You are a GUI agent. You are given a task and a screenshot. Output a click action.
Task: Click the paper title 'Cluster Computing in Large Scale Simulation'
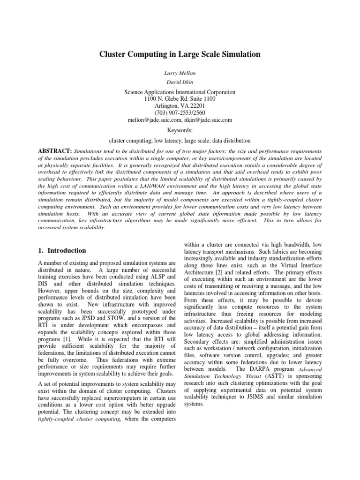click(x=180, y=54)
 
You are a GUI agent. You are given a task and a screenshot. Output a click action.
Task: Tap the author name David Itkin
click(x=180, y=82)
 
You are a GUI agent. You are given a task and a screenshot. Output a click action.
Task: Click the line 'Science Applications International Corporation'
click(x=180, y=93)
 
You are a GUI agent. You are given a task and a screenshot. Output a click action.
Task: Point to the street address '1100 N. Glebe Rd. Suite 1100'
click(x=180, y=100)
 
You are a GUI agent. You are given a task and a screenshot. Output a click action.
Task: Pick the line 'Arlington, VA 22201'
click(x=180, y=106)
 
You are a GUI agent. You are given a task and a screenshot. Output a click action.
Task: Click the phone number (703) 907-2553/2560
click(x=180, y=113)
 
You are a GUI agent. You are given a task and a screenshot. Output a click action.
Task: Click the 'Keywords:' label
click(x=180, y=130)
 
